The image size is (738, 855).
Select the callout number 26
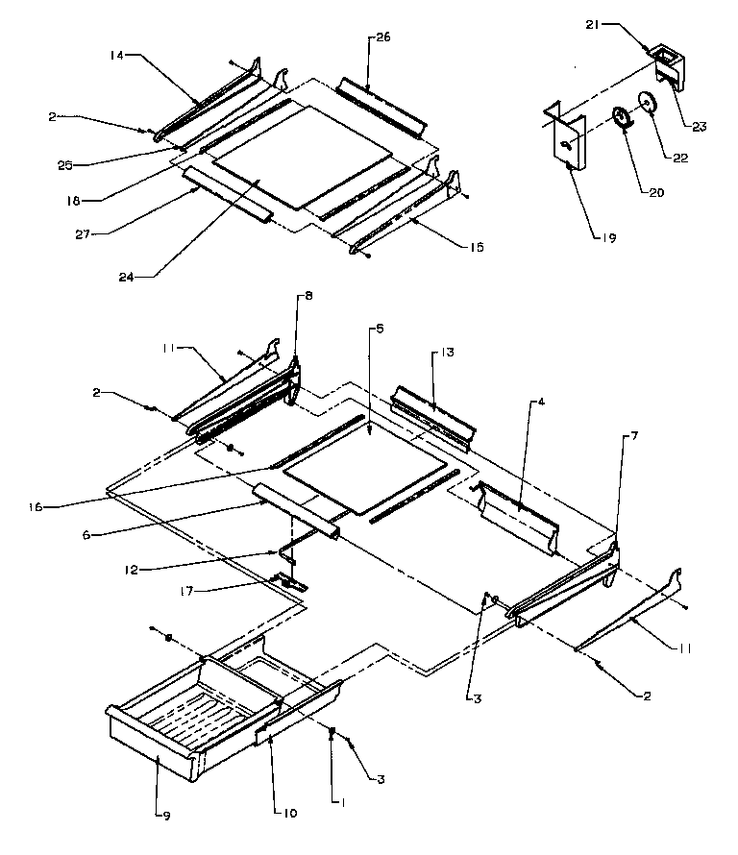(x=382, y=37)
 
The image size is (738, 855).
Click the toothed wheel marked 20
(x=621, y=119)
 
